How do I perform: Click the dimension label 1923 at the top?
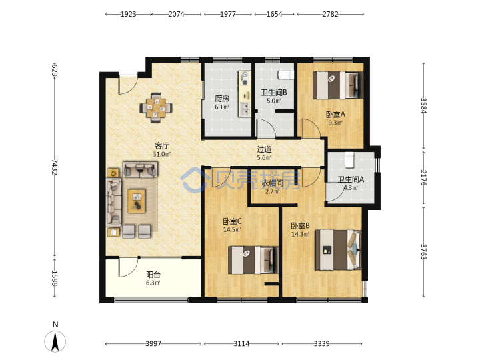pyautogui.click(x=128, y=14)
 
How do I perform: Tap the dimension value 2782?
pyautogui.click(x=330, y=14)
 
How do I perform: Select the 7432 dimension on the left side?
pyautogui.click(x=55, y=167)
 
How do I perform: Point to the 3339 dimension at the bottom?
pyautogui.click(x=321, y=344)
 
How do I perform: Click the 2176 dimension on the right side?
pyautogui.click(x=424, y=177)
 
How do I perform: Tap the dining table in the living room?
pyautogui.click(x=156, y=108)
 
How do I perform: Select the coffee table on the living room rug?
pyautogui.click(x=137, y=201)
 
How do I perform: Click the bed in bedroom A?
pyautogui.click(x=338, y=85)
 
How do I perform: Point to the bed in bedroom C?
pyautogui.click(x=253, y=260)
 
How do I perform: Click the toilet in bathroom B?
pyautogui.click(x=285, y=75)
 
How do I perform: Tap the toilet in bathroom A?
pyautogui.click(x=349, y=160)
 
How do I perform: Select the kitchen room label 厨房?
pyautogui.click(x=222, y=99)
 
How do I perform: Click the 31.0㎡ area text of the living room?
pyautogui.click(x=162, y=154)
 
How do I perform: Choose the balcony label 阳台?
pyautogui.click(x=153, y=275)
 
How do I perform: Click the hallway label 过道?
pyautogui.click(x=264, y=150)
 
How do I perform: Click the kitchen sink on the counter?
pyautogui.click(x=245, y=109)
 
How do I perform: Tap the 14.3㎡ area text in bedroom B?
pyautogui.click(x=300, y=235)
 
